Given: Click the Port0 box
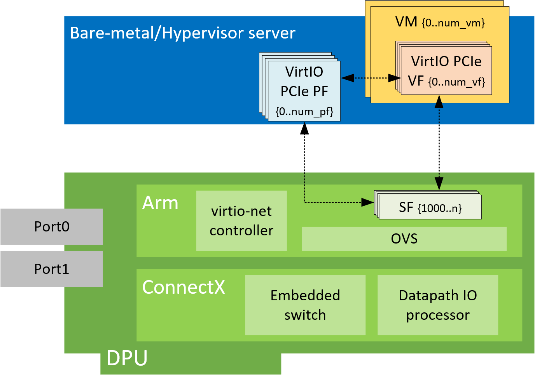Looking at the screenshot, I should [51, 227].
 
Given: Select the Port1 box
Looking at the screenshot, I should [51, 269].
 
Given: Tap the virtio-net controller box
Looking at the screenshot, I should [241, 221].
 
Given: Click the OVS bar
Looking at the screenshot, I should [404, 238].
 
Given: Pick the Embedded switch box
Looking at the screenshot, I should [305, 305].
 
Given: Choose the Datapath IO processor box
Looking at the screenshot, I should [438, 305].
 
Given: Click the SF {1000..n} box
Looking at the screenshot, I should [430, 208].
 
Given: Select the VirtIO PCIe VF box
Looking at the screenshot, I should [446, 70].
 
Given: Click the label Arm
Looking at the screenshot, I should [160, 203].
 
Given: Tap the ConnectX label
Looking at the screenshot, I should [184, 287].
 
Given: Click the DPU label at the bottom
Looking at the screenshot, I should [127, 358].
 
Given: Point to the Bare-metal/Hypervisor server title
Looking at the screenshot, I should [182, 33].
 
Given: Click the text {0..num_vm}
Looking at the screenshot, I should [453, 23].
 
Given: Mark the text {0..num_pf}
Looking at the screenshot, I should [304, 112].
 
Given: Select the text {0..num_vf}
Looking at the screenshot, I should [456, 82].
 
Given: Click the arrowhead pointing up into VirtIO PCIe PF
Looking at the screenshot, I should [304, 128].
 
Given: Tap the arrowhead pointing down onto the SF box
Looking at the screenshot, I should [439, 184].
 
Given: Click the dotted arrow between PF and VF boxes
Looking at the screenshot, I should [371, 78].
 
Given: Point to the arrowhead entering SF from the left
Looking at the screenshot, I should [368, 202].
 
